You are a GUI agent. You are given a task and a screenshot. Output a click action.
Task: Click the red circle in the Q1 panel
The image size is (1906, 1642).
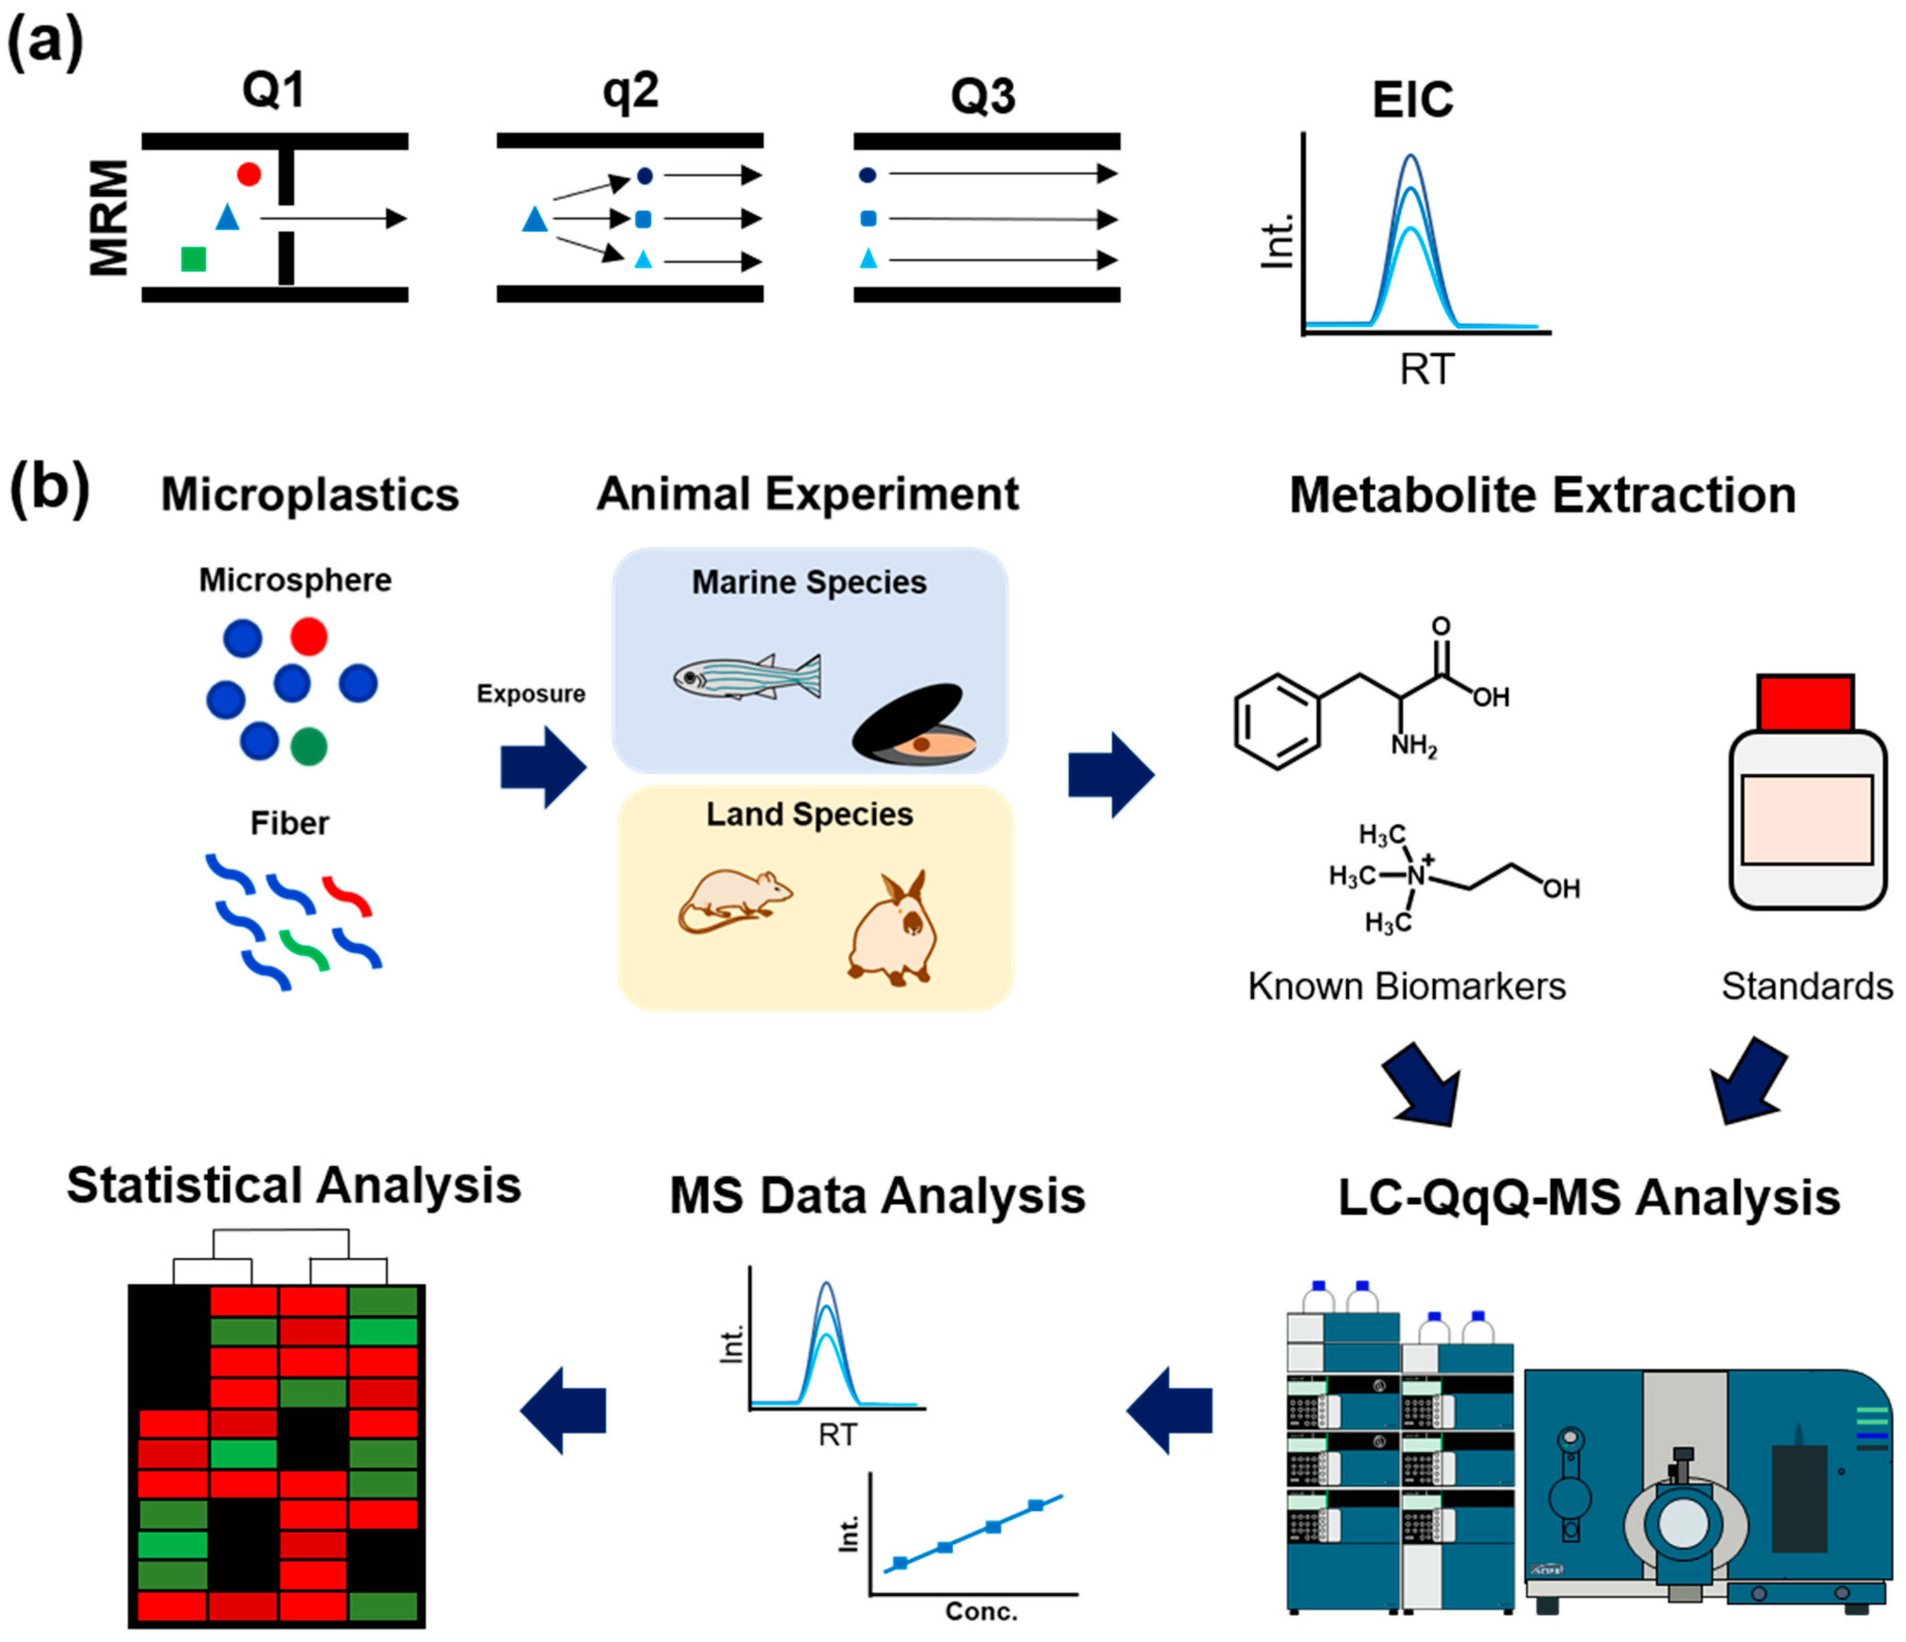coord(248,174)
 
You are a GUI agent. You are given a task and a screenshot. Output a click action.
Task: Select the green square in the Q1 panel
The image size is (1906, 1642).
coord(193,260)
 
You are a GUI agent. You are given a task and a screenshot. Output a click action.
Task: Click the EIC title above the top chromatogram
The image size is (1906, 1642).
coord(1412,99)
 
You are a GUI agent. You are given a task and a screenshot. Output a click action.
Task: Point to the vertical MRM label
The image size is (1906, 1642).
coord(109,218)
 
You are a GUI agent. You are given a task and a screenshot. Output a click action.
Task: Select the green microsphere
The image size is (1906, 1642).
coord(308,746)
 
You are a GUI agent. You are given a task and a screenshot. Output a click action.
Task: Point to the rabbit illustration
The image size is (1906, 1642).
coord(893,929)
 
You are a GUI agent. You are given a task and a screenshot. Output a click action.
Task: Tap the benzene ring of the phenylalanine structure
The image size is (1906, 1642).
coord(1278,721)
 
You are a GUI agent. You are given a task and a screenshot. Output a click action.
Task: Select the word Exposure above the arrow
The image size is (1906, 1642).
coord(531,694)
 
